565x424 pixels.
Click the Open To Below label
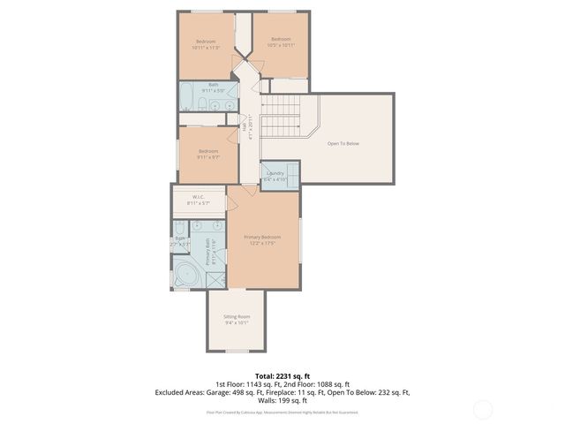pos(343,143)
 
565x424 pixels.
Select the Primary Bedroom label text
pos(263,237)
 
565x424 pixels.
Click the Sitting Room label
pos(237,316)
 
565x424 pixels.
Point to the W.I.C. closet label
pos(199,197)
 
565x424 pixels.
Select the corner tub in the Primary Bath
pos(185,273)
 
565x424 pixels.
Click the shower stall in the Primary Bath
pos(215,278)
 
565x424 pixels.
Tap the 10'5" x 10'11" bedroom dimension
pos(281,44)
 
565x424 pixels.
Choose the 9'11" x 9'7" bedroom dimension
pos(208,157)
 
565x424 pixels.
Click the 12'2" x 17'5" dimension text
pos(263,243)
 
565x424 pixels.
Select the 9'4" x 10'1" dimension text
pos(237,322)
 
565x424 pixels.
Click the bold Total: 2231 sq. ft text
pos(282,375)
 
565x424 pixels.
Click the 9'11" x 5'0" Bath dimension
pos(214,90)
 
